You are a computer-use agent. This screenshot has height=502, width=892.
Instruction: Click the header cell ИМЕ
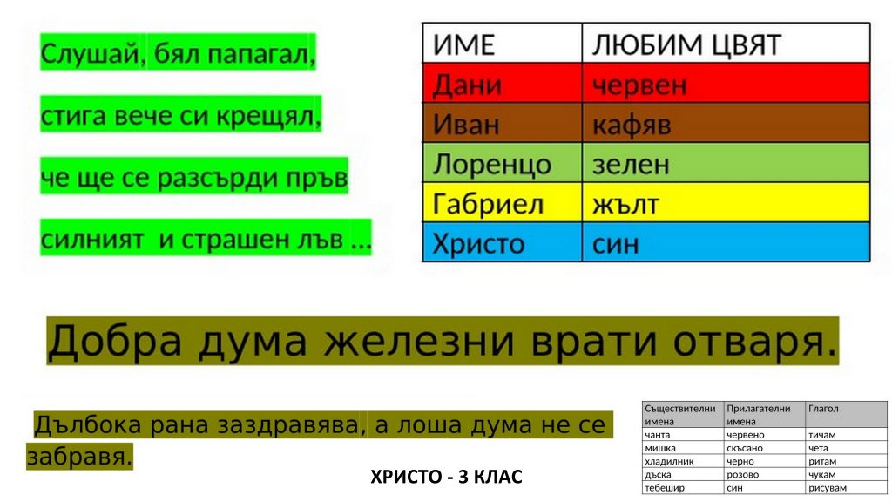click(502, 44)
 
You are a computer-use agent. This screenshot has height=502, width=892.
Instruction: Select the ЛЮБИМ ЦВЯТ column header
click(726, 44)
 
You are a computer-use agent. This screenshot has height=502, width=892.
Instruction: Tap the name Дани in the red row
click(467, 85)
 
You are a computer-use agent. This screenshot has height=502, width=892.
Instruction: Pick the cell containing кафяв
click(726, 123)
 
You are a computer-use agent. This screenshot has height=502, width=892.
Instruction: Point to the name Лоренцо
click(491, 165)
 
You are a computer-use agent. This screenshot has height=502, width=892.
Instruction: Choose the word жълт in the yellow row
click(625, 204)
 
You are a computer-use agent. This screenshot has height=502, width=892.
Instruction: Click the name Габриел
click(488, 204)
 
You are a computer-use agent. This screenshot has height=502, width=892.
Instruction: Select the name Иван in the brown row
click(466, 125)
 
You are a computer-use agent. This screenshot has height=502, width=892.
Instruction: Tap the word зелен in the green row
click(631, 165)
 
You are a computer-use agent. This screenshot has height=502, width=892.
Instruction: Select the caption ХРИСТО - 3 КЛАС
click(446, 477)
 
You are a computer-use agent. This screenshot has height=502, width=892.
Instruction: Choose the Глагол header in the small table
click(823, 409)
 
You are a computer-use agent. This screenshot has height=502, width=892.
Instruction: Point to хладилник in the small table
click(669, 462)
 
